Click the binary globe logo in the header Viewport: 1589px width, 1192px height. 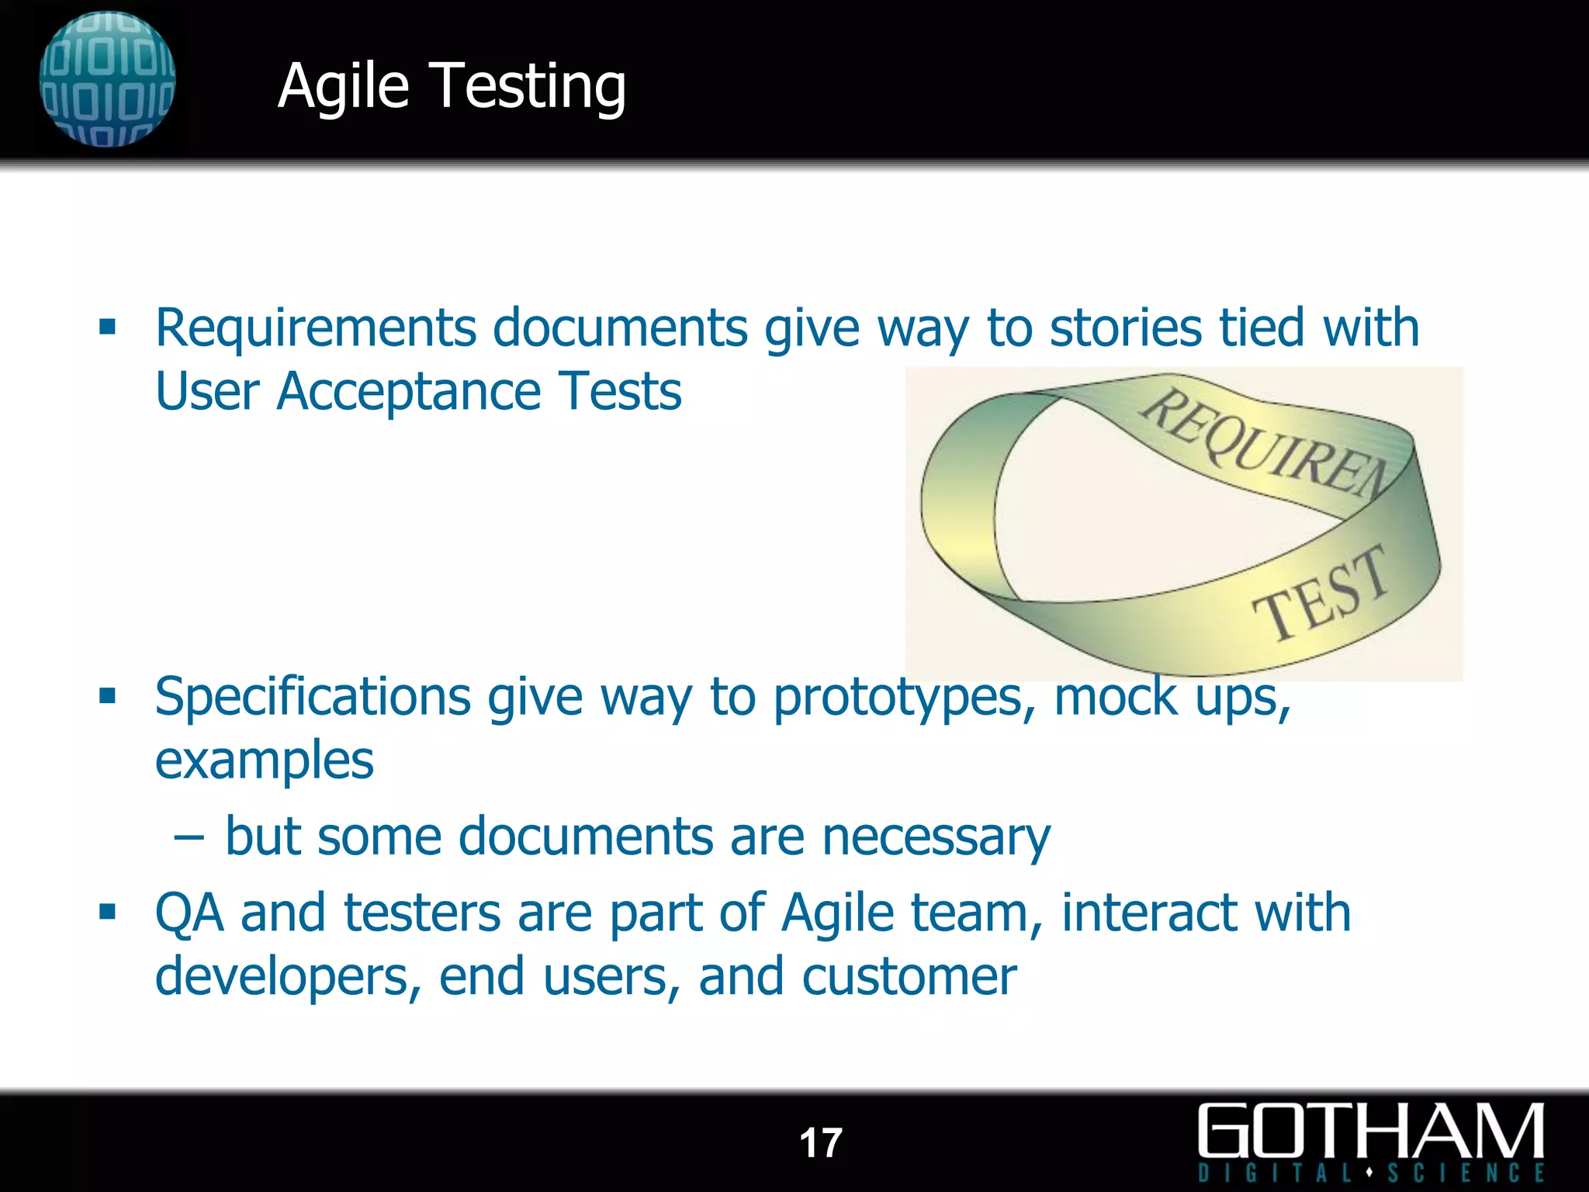point(107,79)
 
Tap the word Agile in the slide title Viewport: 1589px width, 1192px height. point(343,87)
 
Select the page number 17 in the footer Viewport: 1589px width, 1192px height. point(820,1143)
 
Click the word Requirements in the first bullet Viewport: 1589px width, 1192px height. point(315,327)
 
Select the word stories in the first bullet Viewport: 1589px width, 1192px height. point(1126,327)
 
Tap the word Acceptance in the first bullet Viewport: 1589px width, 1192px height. point(408,391)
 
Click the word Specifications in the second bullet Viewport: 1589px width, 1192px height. point(313,697)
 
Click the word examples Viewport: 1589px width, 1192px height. point(265,761)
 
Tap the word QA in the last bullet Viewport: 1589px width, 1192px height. point(189,913)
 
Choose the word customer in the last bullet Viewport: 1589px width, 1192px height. point(909,976)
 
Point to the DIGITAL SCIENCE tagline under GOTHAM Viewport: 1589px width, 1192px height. point(1371,1172)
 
